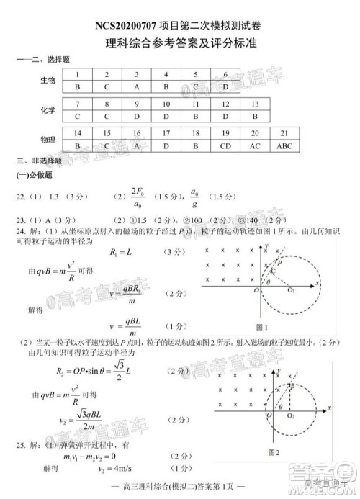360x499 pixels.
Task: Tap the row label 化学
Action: [x=48, y=110]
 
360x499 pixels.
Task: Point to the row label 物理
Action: [x=48, y=140]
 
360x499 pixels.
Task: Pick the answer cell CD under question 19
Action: [x=225, y=146]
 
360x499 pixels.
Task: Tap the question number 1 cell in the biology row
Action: [x=77, y=74]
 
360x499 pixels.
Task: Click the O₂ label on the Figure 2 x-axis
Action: [x=290, y=416]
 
